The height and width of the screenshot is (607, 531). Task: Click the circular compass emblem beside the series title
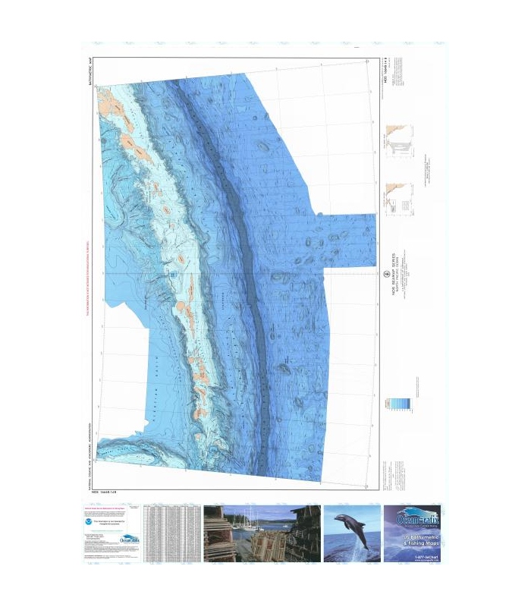(385, 274)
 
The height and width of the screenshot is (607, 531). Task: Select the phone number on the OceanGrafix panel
(412, 557)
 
